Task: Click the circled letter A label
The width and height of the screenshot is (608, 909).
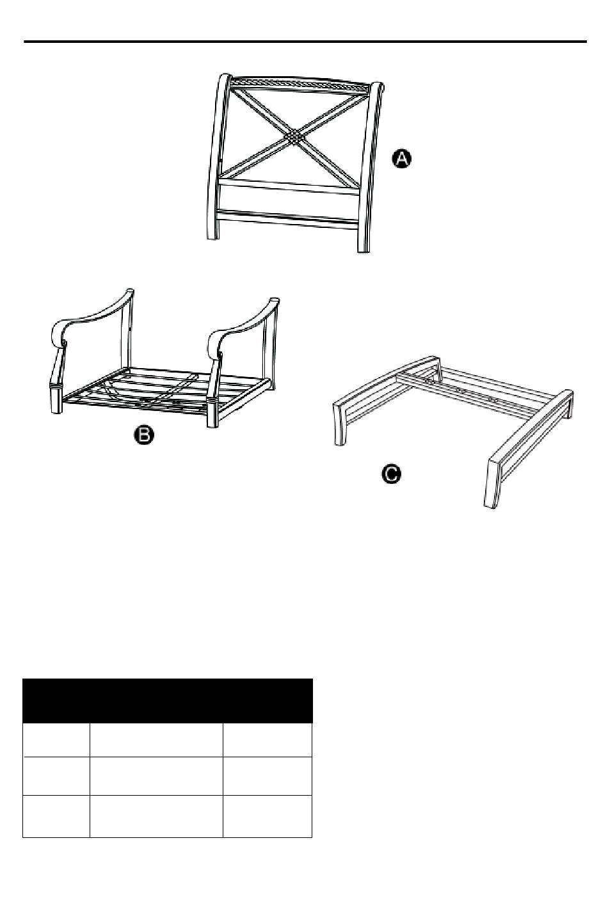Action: pyautogui.click(x=401, y=158)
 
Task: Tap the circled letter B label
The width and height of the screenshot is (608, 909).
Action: pyautogui.click(x=144, y=436)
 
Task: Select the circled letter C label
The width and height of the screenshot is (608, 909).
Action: pyautogui.click(x=391, y=474)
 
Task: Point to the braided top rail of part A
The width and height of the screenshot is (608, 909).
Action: pyautogui.click(x=300, y=83)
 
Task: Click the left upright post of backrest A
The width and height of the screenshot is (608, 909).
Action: pyautogui.click(x=216, y=156)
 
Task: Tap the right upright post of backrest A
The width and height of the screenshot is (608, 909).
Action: pyautogui.click(x=369, y=167)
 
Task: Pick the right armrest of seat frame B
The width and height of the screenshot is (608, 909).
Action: pyautogui.click(x=243, y=325)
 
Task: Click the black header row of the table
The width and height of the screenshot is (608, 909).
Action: pyautogui.click(x=167, y=700)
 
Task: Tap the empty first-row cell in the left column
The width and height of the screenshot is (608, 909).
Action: pyautogui.click(x=56, y=740)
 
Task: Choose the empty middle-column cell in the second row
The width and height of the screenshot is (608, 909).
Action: pyautogui.click(x=156, y=775)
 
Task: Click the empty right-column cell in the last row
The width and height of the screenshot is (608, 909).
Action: pyautogui.click(x=268, y=816)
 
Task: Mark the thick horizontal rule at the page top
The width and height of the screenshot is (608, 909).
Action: pyautogui.click(x=305, y=42)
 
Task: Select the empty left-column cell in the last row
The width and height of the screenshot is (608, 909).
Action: pyautogui.click(x=56, y=816)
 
